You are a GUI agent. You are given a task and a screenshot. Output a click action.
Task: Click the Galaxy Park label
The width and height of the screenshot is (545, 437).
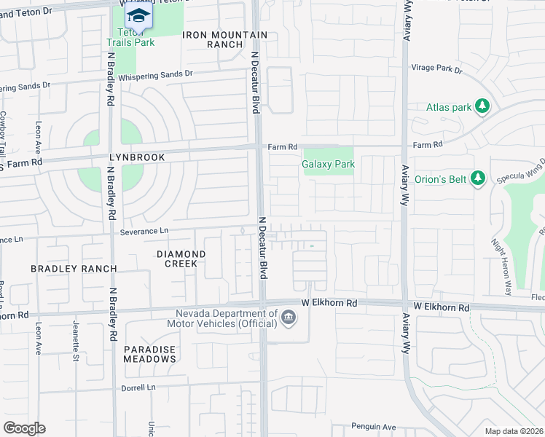[x=329, y=165]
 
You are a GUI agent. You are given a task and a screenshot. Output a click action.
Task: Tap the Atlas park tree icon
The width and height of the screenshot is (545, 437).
[x=482, y=107]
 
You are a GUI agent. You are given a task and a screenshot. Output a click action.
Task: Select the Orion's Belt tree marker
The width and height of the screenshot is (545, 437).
[x=478, y=178]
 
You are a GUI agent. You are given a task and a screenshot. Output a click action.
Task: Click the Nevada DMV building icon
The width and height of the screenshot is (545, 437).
[x=289, y=318]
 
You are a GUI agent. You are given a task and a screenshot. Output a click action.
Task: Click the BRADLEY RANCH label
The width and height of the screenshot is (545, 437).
[x=74, y=269]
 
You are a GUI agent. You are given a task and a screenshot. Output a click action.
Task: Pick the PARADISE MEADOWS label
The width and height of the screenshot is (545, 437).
[x=149, y=354]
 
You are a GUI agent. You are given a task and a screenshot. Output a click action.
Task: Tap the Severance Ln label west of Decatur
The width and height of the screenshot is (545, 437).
[x=144, y=231]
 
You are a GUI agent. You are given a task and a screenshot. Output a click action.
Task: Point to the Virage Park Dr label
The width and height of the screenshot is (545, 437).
[x=437, y=68]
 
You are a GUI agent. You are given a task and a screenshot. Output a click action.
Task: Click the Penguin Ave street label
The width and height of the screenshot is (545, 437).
[x=372, y=427]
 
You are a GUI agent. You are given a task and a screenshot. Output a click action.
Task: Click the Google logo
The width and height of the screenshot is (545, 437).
[x=24, y=428]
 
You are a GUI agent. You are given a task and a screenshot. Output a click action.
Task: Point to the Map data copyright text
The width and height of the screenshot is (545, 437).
[x=514, y=431]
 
